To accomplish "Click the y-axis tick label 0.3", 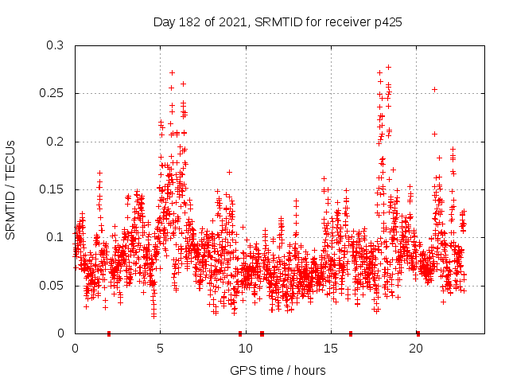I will coord(56,45).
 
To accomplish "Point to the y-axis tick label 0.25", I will coord(52,93).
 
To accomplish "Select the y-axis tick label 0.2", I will coord(56,142).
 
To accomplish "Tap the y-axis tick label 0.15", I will coord(52,189).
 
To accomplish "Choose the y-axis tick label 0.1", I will coord(56,237).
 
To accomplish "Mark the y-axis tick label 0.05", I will coord(52,285).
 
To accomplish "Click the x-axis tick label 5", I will coord(160,348).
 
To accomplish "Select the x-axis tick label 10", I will coord(246,348).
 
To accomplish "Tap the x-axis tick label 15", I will coord(331,348).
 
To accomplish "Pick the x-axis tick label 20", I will coord(417,348).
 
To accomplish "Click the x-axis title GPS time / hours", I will coord(278,370).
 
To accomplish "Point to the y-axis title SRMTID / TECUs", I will coord(10,189).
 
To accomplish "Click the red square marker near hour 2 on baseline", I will coord(109,333).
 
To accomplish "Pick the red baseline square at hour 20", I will coord(418,333).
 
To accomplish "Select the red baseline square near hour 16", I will coord(350,333).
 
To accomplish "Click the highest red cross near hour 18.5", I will coord(388,68).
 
